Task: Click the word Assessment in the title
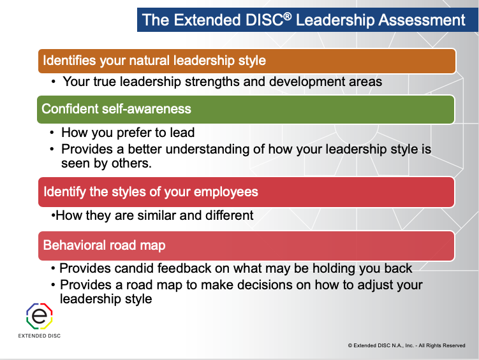coord(422,20)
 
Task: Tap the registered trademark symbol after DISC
coord(287,16)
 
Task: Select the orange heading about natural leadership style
coord(247,61)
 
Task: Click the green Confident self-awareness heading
coord(246,109)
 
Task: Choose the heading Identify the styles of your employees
coord(246,192)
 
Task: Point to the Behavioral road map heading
coord(246,245)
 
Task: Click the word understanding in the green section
coord(207,149)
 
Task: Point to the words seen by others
coord(107,164)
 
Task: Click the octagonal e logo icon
coord(40,316)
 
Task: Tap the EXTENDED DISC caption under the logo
coord(40,336)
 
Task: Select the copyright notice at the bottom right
coord(406,345)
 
